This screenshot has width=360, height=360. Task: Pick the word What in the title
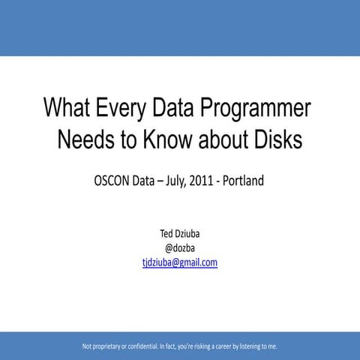click(x=70, y=109)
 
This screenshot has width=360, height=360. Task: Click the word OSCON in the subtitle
click(x=114, y=181)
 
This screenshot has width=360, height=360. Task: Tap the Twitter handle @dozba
click(x=179, y=248)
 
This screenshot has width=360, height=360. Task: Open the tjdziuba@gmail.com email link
click(x=179, y=262)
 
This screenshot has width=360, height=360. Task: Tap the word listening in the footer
click(x=253, y=346)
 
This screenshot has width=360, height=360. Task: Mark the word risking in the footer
click(x=208, y=346)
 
